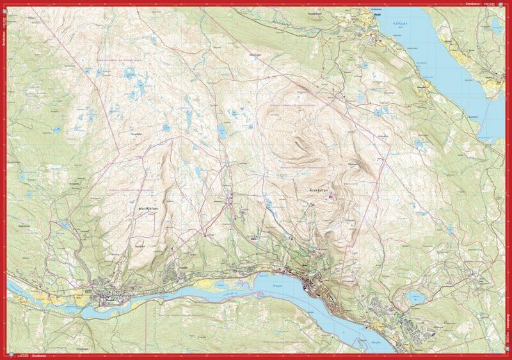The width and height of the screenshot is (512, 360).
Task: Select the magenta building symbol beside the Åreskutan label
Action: (x=331, y=196)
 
